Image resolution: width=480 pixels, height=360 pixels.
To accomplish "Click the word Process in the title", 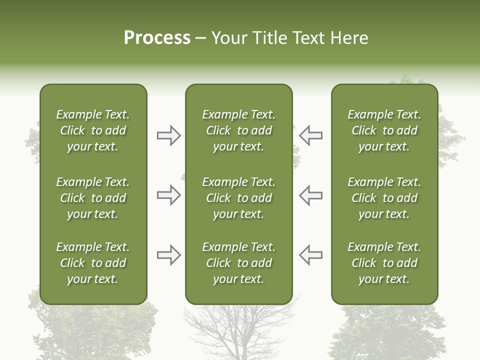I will click(157, 38).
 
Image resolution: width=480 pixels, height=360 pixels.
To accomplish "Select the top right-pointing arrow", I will click(168, 135).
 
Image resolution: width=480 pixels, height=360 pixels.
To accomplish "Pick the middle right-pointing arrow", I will click(168, 195).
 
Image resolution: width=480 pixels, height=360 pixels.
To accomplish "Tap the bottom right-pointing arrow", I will click(168, 255).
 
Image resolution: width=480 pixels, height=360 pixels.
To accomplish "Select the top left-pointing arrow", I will click(311, 135).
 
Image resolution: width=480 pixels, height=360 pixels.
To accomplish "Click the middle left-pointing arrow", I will click(311, 195).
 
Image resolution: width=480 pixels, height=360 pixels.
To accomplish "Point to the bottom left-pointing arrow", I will click(311, 255).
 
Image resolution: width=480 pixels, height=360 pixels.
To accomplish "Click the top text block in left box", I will click(93, 130).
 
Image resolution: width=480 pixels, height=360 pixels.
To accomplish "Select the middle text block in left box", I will click(93, 198).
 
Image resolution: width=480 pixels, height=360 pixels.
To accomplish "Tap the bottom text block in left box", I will click(93, 263).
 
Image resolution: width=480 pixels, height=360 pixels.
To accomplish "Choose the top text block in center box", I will click(238, 130).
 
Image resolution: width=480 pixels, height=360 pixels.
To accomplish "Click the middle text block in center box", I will click(238, 198).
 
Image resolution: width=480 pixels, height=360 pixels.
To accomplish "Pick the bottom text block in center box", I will click(238, 263).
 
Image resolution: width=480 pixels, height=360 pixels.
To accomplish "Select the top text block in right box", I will click(384, 130).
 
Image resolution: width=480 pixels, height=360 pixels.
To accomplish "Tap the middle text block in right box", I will click(384, 198).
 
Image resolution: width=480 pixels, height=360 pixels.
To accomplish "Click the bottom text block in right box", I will click(384, 263).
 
